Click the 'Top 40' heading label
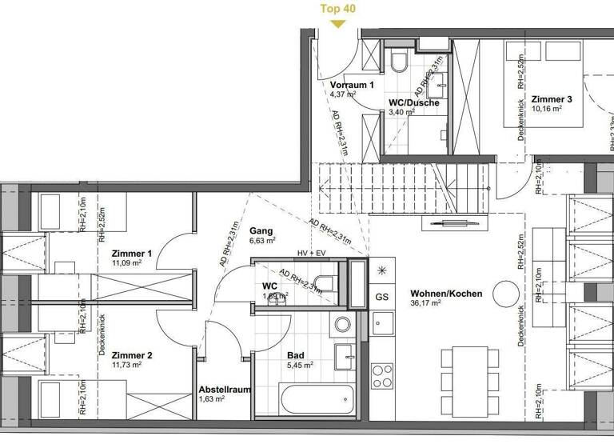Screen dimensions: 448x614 coord(338,9)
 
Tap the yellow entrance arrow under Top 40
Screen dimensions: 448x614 coord(338,23)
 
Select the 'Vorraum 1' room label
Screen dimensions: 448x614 coord(352,85)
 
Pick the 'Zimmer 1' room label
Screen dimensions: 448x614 coord(132,253)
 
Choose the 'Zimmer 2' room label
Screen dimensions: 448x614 coord(132,355)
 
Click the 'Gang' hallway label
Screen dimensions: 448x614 coord(261,230)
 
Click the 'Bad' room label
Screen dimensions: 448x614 coord(296,354)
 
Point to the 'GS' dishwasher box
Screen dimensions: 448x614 coord(381,296)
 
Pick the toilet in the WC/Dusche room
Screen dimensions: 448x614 coord(400,62)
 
